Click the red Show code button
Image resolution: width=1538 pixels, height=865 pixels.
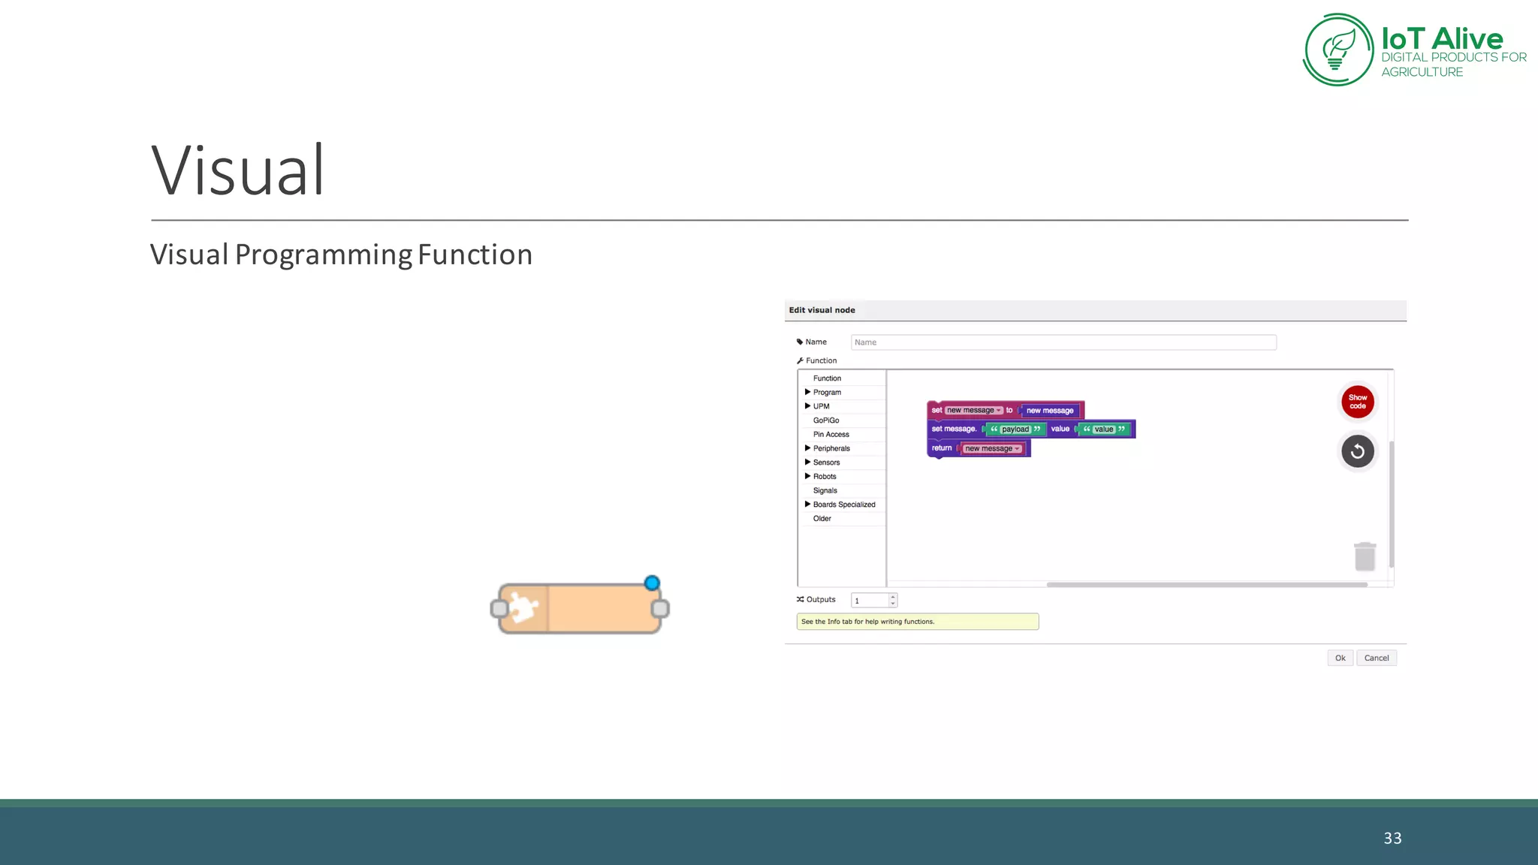(x=1357, y=402)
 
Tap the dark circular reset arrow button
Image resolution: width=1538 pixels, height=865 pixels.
(x=1357, y=451)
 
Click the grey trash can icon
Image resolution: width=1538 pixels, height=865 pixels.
(x=1365, y=556)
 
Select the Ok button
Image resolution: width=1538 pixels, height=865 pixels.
(x=1340, y=658)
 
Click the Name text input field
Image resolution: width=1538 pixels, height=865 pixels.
(x=1063, y=342)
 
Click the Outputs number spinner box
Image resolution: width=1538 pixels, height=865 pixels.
(x=873, y=600)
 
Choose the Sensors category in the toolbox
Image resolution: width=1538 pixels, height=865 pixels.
(x=826, y=463)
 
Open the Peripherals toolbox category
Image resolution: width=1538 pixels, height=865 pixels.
(x=831, y=448)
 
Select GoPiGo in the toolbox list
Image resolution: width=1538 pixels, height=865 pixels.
(x=826, y=420)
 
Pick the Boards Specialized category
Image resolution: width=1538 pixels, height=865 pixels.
(x=843, y=505)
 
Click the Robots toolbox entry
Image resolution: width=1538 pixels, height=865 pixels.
(x=825, y=477)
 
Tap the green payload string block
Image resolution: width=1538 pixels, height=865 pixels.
(x=1015, y=429)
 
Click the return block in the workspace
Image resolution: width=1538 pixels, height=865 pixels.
(x=942, y=448)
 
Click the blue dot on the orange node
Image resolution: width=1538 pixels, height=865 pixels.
(x=652, y=583)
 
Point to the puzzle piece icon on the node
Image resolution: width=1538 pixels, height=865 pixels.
(x=523, y=607)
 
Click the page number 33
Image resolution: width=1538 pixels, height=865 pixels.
(x=1392, y=838)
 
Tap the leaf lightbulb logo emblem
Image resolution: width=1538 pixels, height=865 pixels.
(x=1337, y=50)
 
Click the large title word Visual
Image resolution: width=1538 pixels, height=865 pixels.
(x=238, y=171)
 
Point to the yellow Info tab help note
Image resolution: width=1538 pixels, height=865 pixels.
(x=917, y=622)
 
